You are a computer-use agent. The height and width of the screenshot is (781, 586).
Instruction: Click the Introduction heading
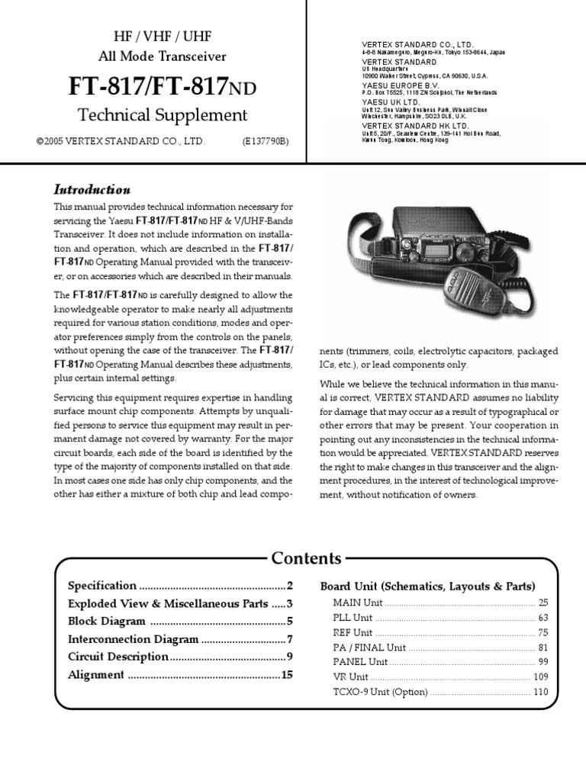92,189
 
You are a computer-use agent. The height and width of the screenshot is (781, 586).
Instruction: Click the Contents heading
307,558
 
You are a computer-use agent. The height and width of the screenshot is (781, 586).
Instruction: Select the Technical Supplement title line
163,115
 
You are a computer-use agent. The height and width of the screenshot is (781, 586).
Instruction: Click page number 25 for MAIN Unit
543,603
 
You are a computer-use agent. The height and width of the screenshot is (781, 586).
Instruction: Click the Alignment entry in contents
96,674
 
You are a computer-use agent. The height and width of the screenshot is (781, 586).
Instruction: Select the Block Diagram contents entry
107,622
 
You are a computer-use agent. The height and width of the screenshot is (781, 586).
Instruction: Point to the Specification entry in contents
102,587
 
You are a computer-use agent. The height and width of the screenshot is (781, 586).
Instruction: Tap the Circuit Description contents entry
118,657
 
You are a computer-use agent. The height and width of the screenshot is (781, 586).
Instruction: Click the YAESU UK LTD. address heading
391,101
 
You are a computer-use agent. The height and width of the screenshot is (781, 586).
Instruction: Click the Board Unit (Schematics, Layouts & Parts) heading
427,587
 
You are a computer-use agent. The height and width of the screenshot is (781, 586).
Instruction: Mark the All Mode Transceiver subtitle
162,56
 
